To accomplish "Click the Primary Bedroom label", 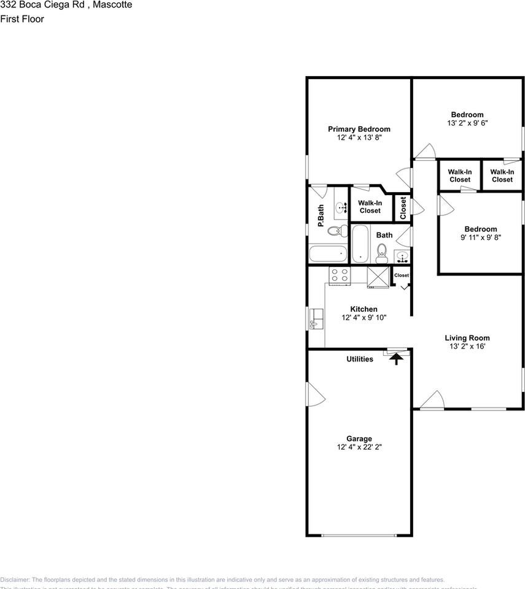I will pos(359,129).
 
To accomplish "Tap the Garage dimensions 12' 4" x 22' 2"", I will pos(359,447).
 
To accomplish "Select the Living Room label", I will pos(467,338).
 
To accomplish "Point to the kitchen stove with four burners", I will pos(339,275).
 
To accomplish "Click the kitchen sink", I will pos(316,318).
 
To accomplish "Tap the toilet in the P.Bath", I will pos(335,231).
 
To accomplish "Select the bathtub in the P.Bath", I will pos(327,254).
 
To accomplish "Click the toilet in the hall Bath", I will pos(381,252).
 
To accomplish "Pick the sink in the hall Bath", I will pos(402,256).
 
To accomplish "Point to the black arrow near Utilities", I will pos(397,358).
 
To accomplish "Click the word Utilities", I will pos(360,359).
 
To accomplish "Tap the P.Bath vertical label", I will pos(321,216).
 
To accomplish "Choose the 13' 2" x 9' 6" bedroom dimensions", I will pos(467,123).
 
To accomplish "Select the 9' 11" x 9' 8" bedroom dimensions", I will pos(481,237).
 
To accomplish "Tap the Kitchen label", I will pos(364,309).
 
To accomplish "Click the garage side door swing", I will pos(315,395).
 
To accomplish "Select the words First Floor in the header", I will pos(22,19).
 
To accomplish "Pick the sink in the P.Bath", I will pos(341,207).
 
